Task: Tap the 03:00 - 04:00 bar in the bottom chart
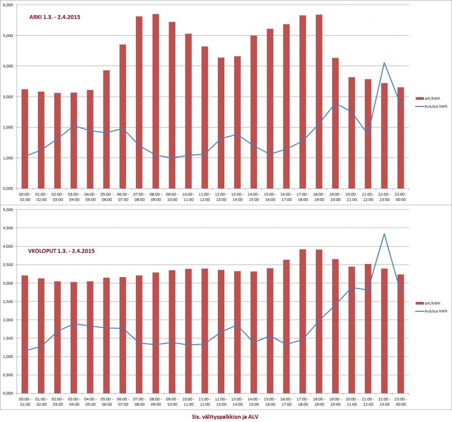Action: click(x=74, y=338)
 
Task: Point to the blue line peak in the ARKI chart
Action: click(x=384, y=63)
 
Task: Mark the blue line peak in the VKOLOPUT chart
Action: click(x=384, y=234)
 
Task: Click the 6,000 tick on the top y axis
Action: click(x=9, y=5)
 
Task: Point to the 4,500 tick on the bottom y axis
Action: click(x=9, y=228)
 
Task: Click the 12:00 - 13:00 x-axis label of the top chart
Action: click(x=221, y=196)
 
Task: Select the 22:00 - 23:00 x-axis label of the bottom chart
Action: click(x=384, y=401)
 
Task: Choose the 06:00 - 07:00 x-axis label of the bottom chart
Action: click(x=123, y=401)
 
